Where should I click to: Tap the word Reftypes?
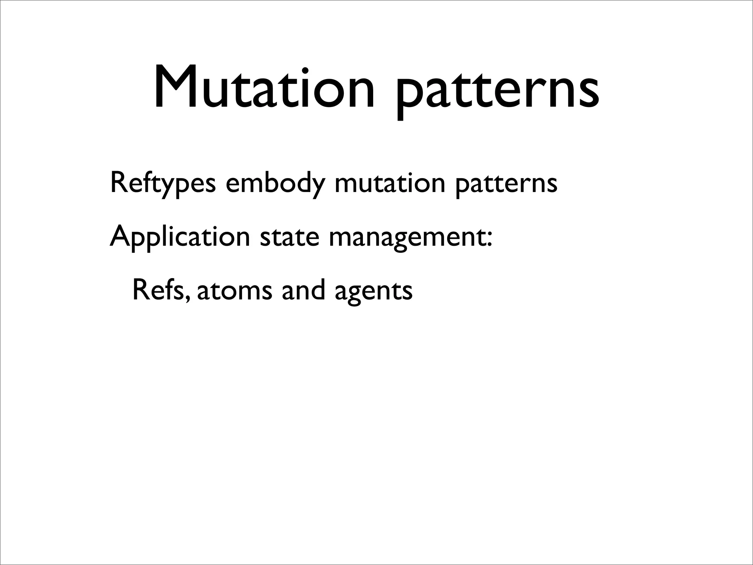(x=163, y=183)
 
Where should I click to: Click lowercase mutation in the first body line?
(x=390, y=183)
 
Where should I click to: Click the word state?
(x=289, y=237)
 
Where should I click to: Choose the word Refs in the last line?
(x=158, y=289)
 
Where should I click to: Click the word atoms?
(x=235, y=290)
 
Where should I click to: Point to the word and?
(x=303, y=289)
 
